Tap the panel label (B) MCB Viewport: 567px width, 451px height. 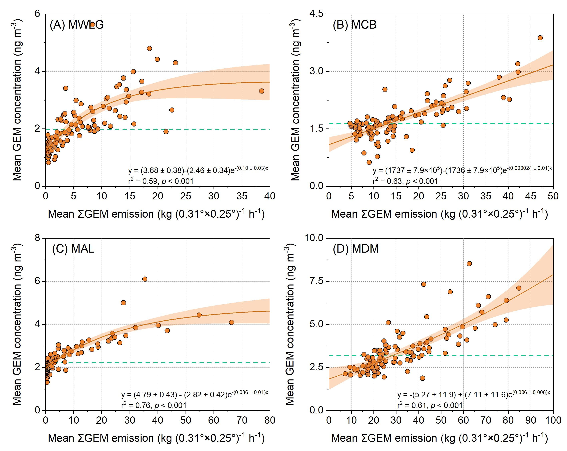point(354,25)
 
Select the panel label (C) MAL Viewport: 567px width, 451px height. point(73,249)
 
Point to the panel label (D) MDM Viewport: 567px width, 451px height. point(355,249)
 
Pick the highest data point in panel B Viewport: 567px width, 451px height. point(540,38)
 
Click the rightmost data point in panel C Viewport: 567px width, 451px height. point(232,323)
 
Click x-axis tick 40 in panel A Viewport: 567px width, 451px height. point(270,196)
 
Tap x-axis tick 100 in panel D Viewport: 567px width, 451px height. point(553,420)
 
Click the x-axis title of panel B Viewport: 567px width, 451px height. point(439,214)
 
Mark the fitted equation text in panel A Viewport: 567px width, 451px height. point(198,170)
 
